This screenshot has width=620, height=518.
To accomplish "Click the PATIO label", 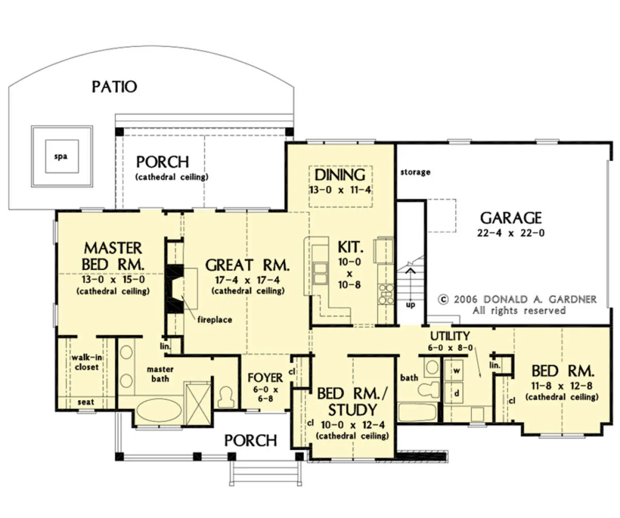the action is click(114, 87).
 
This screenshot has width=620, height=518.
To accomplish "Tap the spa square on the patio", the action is click(62, 156).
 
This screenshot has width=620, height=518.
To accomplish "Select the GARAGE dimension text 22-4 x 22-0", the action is click(511, 233).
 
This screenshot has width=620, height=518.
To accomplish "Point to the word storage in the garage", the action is click(415, 172).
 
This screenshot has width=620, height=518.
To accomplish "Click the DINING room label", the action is click(340, 175).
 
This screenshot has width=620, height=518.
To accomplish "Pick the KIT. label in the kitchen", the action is click(350, 247).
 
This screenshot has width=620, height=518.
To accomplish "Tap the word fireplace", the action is click(215, 320).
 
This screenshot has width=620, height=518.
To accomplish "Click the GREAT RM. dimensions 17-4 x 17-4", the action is click(247, 280).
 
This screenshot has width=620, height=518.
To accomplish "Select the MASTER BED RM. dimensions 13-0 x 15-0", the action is click(113, 279).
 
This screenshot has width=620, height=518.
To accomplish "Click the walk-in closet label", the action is click(87, 362).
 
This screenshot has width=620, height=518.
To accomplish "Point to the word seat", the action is click(86, 402).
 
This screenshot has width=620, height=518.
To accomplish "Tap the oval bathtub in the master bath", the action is click(159, 410).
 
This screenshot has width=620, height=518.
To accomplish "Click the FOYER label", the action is click(265, 378).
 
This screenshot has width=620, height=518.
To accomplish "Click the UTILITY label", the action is click(450, 336).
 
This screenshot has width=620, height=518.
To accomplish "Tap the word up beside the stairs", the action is click(410, 305).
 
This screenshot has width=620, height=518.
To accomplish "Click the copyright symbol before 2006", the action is click(443, 299).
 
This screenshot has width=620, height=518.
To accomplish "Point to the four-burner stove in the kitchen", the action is click(386, 293).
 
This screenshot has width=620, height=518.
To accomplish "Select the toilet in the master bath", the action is click(226, 397).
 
